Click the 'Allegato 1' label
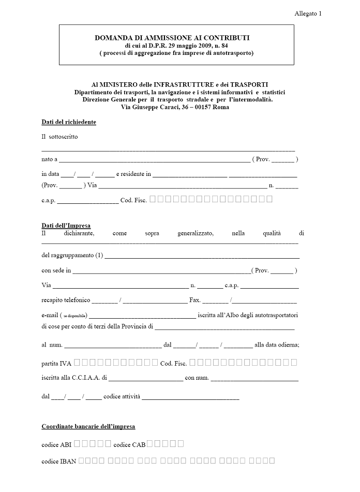click(x=308, y=13)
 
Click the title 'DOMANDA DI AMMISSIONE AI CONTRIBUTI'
click(x=172, y=38)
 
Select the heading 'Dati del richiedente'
click(x=69, y=122)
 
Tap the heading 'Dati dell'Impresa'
click(x=66, y=226)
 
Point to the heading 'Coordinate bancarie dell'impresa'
click(x=88, y=427)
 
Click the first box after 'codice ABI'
click(x=77, y=443)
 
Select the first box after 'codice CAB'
click(x=150, y=443)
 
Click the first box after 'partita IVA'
click(x=85, y=362)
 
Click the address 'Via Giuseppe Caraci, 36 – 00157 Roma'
click(x=172, y=107)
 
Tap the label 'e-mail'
click(x=50, y=315)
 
